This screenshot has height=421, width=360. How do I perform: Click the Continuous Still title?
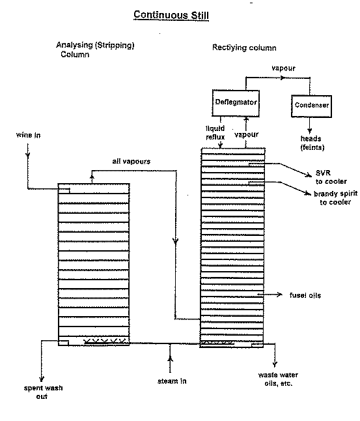coord(171,15)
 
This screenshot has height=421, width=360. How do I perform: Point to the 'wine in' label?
coord(28,135)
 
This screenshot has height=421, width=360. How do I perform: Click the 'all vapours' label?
coord(132,162)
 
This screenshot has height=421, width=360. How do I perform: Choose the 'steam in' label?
coord(172,381)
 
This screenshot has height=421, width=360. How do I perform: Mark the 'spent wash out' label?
coord(43,392)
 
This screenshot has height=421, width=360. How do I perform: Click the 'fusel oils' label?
coord(305,295)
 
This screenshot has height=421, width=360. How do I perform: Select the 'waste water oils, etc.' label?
coord(278,379)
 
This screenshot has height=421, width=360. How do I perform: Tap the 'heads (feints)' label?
coord(312,143)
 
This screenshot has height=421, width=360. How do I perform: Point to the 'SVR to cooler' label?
coord(331,177)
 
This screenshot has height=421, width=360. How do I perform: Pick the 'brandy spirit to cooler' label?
coord(336,198)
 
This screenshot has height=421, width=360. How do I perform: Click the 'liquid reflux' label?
coord(215,133)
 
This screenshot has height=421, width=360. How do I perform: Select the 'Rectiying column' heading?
coord(244,48)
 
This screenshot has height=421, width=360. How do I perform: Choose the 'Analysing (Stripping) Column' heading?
coord(95,50)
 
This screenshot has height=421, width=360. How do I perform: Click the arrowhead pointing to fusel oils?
coord(280,295)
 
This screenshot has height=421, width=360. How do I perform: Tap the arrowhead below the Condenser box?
coord(310,131)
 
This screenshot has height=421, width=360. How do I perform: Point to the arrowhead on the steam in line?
coord(170,358)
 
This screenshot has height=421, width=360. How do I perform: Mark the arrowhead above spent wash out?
coord(41,379)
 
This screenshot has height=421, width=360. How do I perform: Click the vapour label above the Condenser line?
coord(283,68)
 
